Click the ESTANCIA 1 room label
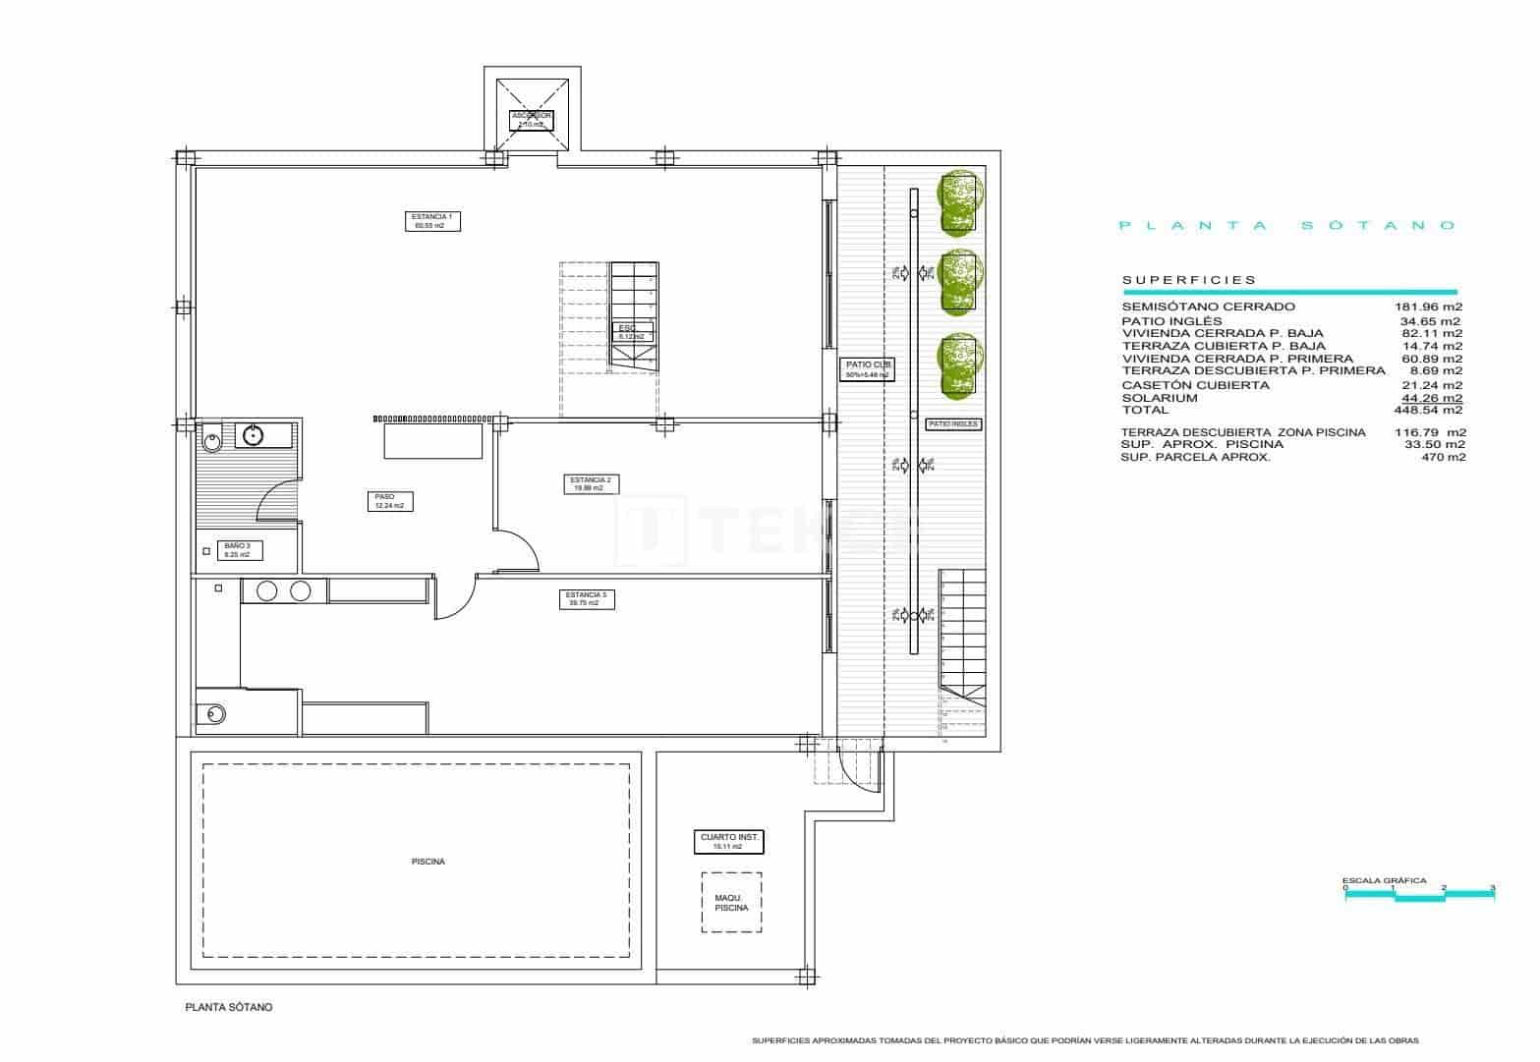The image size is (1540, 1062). (x=431, y=221)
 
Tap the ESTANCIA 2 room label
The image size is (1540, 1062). (x=591, y=483)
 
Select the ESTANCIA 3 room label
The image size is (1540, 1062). (x=587, y=599)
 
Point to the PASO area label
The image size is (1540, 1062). (x=390, y=501)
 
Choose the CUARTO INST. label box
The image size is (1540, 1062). (x=728, y=841)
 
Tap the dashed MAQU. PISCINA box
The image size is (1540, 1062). (x=731, y=902)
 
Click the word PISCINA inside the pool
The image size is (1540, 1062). (x=428, y=862)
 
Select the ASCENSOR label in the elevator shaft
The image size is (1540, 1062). (x=532, y=120)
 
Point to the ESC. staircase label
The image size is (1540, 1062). (x=630, y=331)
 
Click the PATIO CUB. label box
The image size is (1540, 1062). (x=867, y=369)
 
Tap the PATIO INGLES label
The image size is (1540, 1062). (x=953, y=424)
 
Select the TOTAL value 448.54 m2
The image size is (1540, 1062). (x=1431, y=411)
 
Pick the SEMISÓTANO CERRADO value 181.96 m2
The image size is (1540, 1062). (x=1431, y=307)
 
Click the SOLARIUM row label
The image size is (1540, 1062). (x=1160, y=398)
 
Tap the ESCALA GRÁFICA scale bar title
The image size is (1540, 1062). (x=1384, y=881)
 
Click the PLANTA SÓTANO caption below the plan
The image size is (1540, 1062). (x=229, y=1007)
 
